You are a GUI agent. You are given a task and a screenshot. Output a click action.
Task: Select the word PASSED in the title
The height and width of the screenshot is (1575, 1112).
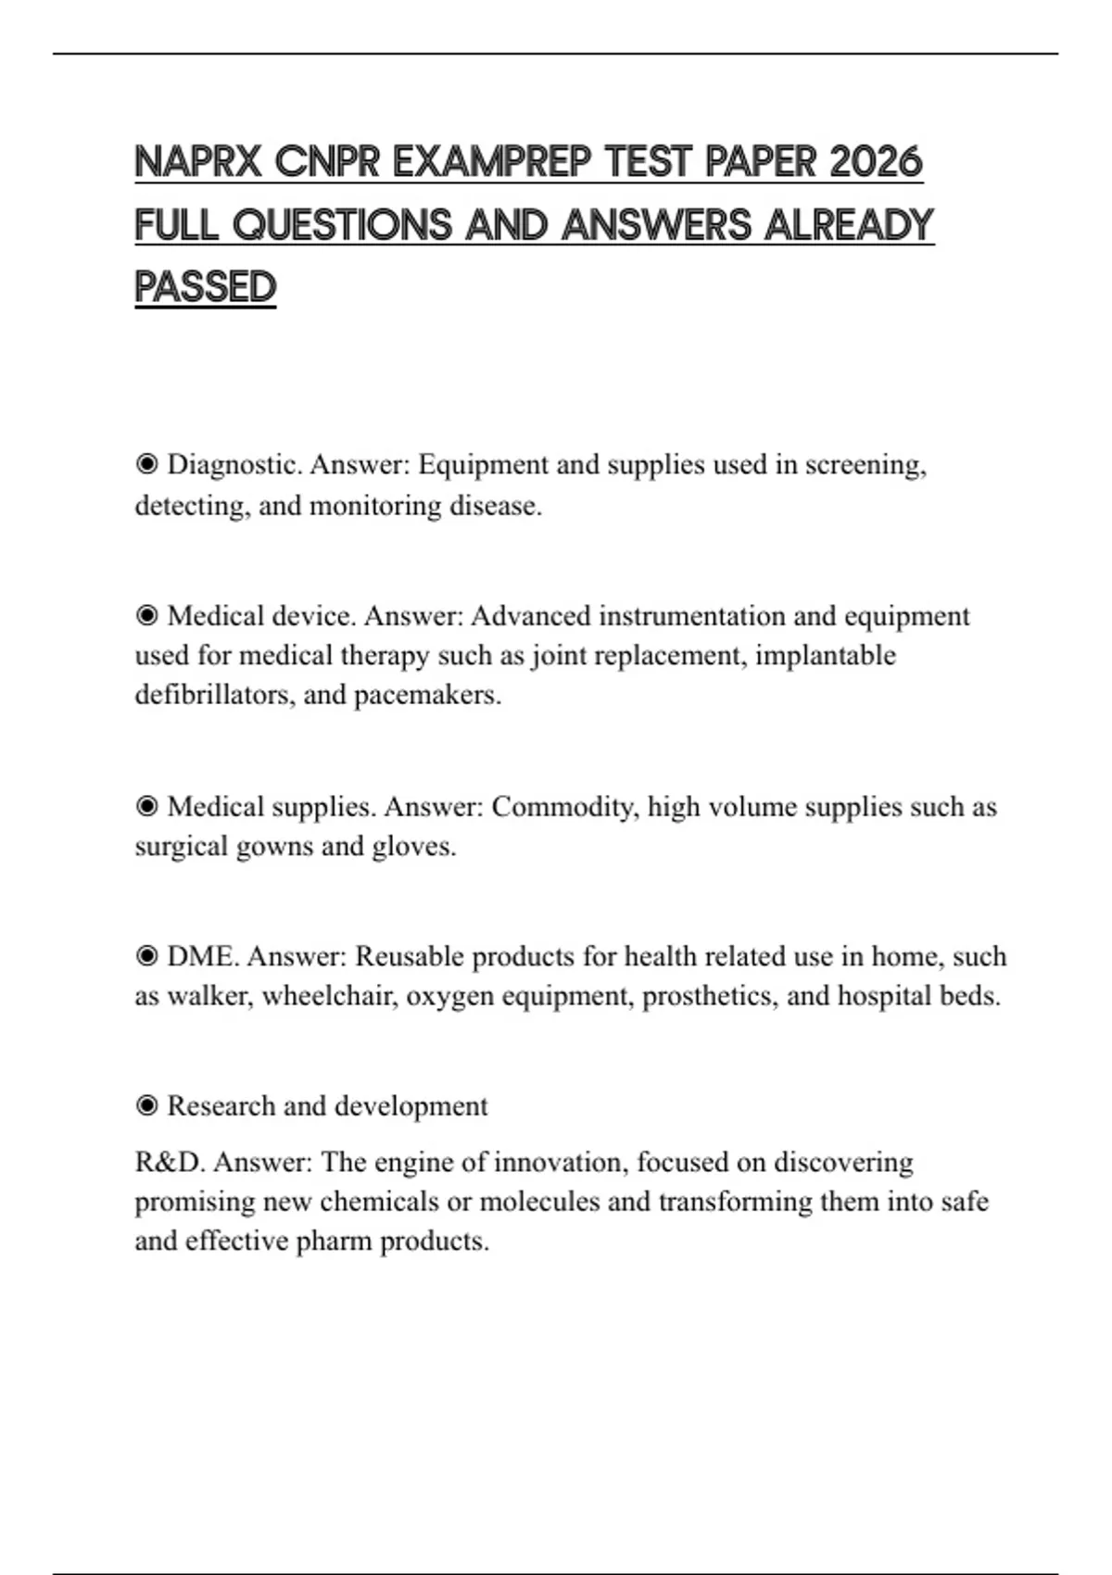click(206, 287)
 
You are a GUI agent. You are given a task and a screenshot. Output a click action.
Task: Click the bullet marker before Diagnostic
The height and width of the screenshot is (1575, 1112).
click(146, 464)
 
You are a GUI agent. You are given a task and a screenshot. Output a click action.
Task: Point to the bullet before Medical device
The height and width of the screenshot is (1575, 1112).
click(146, 616)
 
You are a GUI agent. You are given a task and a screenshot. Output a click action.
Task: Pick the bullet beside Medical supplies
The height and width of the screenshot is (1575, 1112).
click(146, 807)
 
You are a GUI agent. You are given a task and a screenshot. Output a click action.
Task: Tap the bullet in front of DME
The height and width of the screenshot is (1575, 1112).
click(146, 956)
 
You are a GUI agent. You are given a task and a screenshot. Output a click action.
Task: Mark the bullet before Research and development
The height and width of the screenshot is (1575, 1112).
click(146, 1106)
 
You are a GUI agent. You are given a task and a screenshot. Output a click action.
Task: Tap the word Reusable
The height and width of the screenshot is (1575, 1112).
click(409, 956)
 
